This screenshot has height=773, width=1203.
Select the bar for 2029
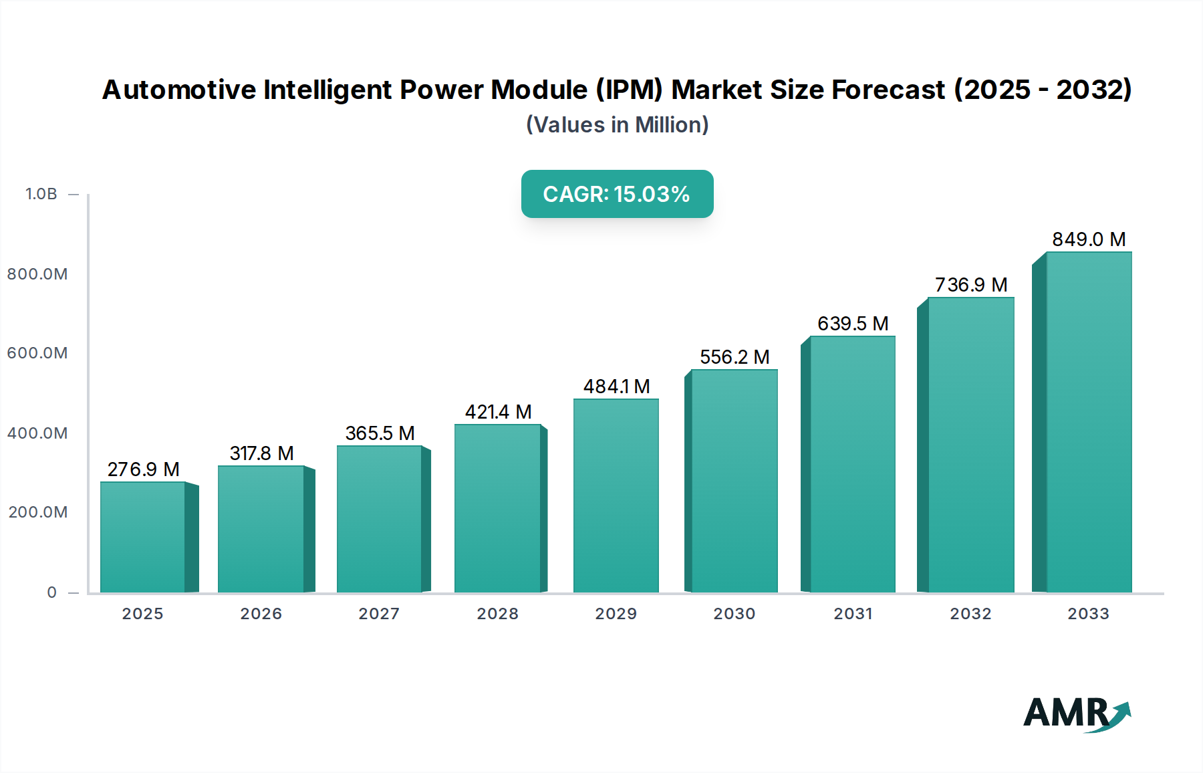tap(616, 495)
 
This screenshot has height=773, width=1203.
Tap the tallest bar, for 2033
tap(1089, 422)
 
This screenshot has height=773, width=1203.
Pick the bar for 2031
tap(852, 464)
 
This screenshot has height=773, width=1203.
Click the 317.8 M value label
tap(261, 453)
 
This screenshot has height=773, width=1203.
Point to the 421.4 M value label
tap(498, 412)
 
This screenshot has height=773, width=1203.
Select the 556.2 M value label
tap(734, 357)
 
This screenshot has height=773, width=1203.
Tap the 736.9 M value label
tap(970, 285)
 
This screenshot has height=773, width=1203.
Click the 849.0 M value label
tap(1089, 239)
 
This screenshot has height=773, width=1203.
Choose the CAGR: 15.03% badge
tap(617, 194)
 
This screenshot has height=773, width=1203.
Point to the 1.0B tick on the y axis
tap(41, 194)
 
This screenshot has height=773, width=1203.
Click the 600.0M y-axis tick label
tap(37, 353)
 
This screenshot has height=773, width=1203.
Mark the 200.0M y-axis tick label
tap(38, 512)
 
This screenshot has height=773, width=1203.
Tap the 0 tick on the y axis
tap(52, 592)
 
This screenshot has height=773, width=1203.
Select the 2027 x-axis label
tap(379, 614)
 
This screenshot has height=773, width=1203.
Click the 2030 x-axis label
tap(734, 614)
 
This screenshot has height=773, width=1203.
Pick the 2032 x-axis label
tap(970, 614)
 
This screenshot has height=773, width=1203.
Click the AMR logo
tap(1076, 713)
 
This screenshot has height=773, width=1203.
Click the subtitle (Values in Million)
tap(617, 125)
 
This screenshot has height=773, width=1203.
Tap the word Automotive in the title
tap(179, 90)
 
